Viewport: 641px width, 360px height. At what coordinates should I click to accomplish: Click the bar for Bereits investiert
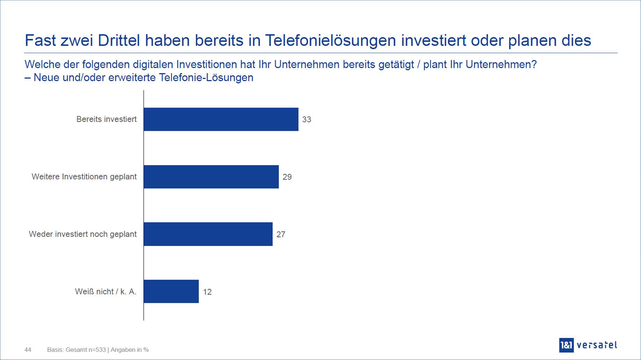[x=221, y=119]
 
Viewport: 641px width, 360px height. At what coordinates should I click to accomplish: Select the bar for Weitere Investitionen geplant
[x=211, y=177]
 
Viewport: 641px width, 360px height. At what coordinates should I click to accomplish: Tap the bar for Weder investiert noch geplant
[x=208, y=234]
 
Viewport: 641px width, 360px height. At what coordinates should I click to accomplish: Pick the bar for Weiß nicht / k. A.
[x=171, y=291]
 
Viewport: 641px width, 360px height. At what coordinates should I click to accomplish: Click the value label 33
[x=307, y=120]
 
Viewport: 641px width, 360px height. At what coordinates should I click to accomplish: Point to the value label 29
[x=287, y=177]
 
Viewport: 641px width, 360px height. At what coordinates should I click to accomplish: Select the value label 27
[x=281, y=235]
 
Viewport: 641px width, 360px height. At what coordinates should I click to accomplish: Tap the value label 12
[x=207, y=292]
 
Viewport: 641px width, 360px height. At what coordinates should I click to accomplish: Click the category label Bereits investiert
[x=106, y=119]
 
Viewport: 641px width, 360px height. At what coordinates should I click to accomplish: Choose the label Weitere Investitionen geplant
[x=84, y=177]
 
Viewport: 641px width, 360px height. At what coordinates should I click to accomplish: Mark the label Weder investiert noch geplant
[x=82, y=234]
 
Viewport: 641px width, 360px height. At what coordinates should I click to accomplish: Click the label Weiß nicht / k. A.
[x=106, y=291]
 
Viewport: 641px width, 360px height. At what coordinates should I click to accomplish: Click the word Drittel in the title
[x=118, y=41]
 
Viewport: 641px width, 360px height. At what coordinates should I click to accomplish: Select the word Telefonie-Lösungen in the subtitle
[x=206, y=78]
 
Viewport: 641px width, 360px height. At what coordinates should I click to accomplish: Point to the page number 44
[x=28, y=350]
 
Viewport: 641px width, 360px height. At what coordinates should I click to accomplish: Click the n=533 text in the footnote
[x=96, y=350]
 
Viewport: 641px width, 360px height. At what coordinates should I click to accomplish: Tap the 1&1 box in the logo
[x=566, y=345]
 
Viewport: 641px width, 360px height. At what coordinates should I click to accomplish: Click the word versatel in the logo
[x=597, y=345]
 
